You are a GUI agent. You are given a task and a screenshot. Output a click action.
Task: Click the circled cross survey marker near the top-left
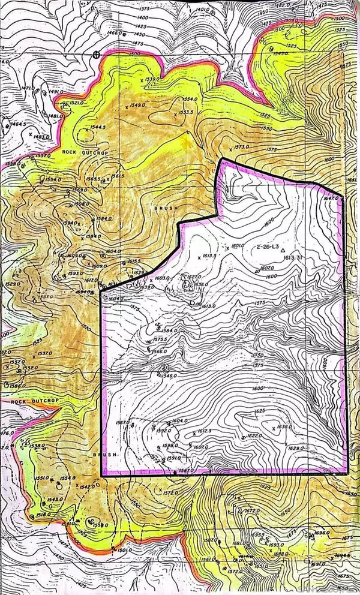tap(96, 54)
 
